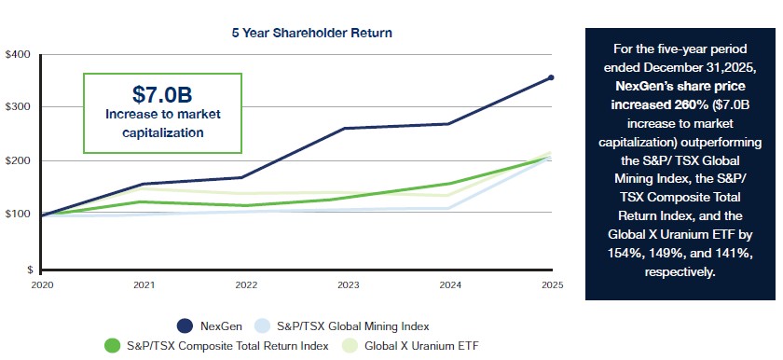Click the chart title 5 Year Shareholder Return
(x=311, y=33)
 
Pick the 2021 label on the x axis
(x=144, y=285)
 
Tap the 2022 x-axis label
(x=246, y=285)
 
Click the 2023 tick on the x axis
(x=348, y=285)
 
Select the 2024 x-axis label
(x=450, y=285)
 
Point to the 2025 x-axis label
(x=552, y=285)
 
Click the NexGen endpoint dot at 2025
(x=551, y=77)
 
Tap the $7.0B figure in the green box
(x=162, y=94)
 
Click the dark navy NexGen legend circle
(x=185, y=326)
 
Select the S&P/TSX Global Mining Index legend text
(x=352, y=326)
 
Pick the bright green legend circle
(x=113, y=345)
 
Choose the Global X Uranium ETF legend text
(x=421, y=345)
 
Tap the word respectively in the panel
(x=680, y=272)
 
